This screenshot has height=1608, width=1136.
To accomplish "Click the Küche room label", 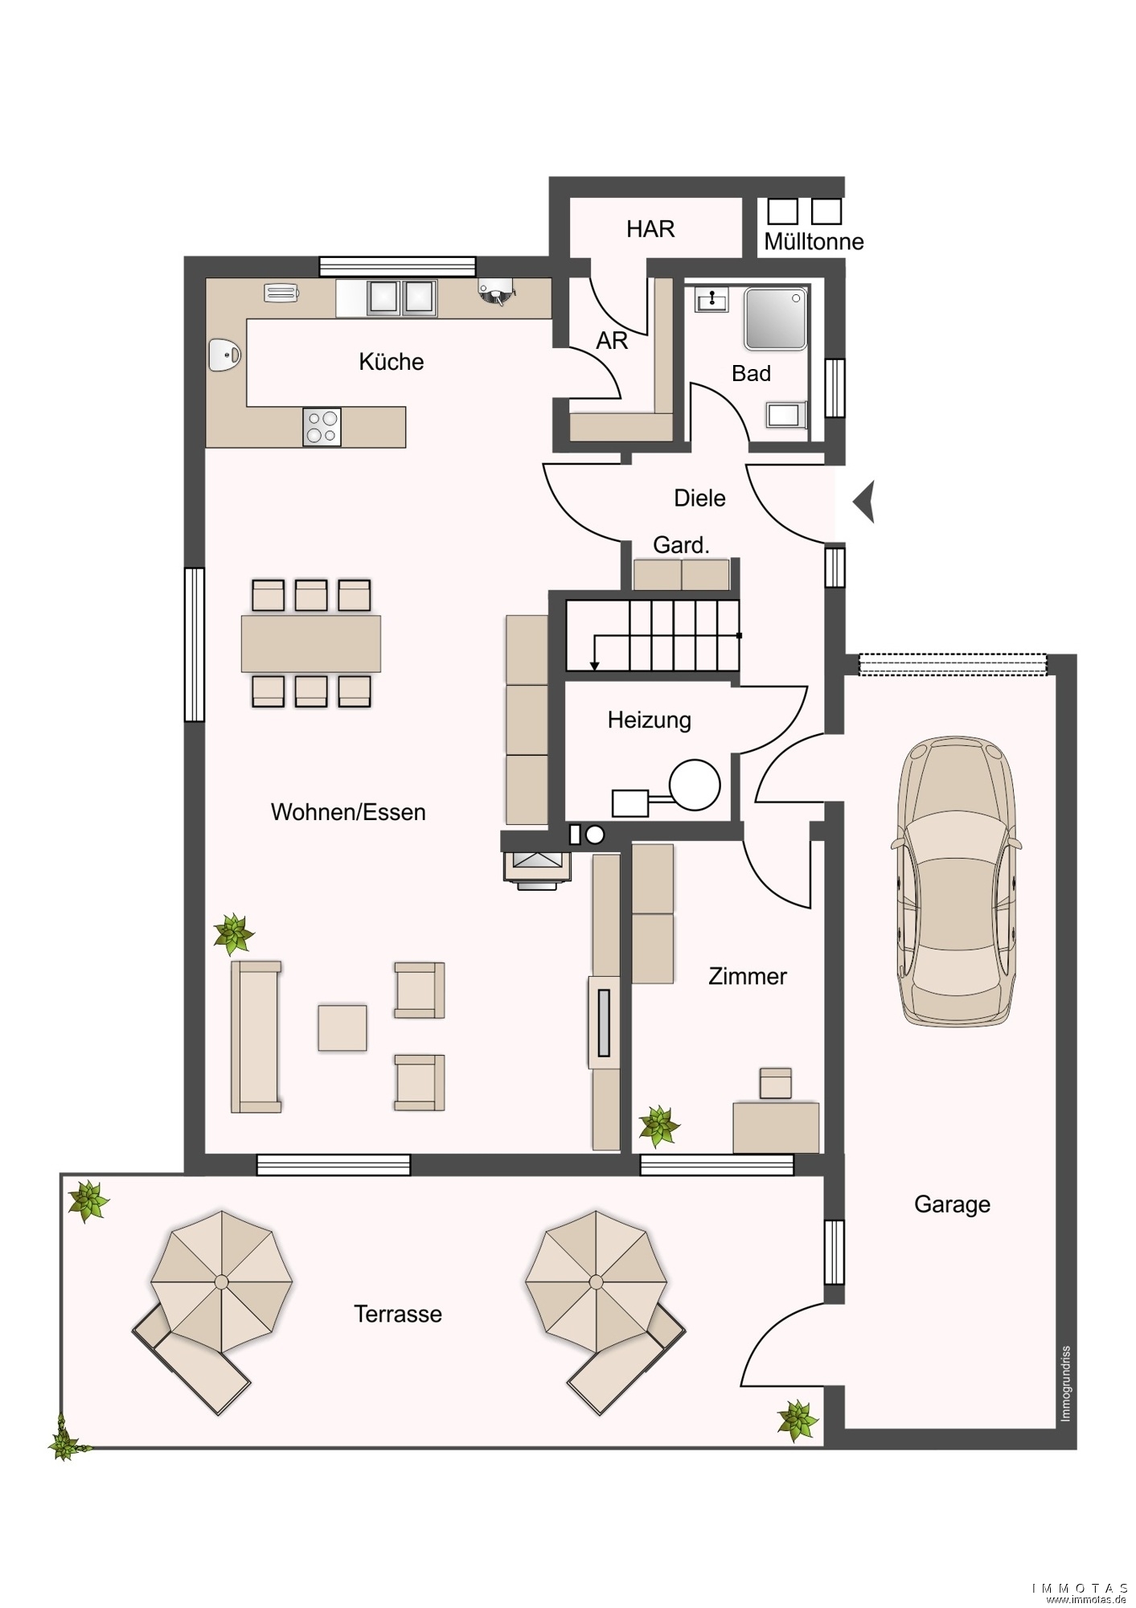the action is click(392, 362).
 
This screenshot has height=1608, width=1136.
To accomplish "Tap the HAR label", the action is click(650, 229).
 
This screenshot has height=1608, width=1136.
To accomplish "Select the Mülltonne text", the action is click(814, 241).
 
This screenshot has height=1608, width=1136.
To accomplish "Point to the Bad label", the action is click(751, 373).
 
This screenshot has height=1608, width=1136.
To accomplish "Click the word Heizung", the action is click(649, 720).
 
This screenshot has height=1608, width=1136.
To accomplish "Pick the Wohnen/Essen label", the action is click(348, 812).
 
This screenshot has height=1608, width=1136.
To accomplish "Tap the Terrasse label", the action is click(398, 1314).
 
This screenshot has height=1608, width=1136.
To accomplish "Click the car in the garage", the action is click(956, 881).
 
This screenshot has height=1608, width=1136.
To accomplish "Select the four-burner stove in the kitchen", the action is click(322, 427).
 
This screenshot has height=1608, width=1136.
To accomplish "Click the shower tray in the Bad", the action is click(775, 319).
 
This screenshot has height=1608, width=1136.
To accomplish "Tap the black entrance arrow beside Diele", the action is click(863, 503).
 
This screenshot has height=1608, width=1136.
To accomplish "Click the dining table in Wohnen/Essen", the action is click(311, 643).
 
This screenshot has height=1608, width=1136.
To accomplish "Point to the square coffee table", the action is click(342, 1028).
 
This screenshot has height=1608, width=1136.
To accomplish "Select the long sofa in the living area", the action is click(256, 1037).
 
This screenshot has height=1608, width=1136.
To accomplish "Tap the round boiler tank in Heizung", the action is click(695, 785).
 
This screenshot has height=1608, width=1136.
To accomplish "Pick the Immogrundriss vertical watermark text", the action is click(1065, 1384).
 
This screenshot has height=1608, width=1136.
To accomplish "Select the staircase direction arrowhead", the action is click(594, 665).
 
